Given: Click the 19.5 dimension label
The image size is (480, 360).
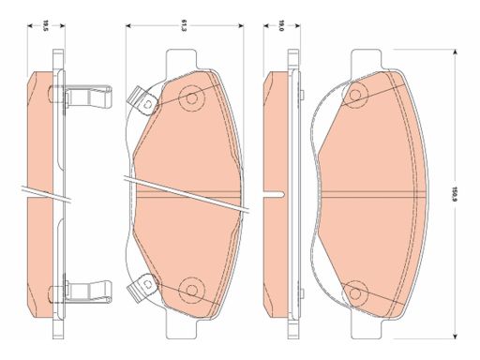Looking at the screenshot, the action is pos(46,25).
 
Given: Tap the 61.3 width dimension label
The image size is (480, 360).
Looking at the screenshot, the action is pos(185,25).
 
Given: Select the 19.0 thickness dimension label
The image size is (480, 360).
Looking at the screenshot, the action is pos(281,25).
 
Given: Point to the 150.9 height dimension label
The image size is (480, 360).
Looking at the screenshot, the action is pos(456,194).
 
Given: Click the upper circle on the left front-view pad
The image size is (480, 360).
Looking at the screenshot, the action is pos(192,98).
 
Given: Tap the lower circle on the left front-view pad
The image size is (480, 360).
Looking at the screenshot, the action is pos(191,290).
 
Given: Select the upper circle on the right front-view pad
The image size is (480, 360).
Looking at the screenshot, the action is pos(355,94).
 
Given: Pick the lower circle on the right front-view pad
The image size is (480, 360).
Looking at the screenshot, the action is pos(355,293).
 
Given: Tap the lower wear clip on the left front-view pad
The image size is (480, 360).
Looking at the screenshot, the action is pos(142,287).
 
